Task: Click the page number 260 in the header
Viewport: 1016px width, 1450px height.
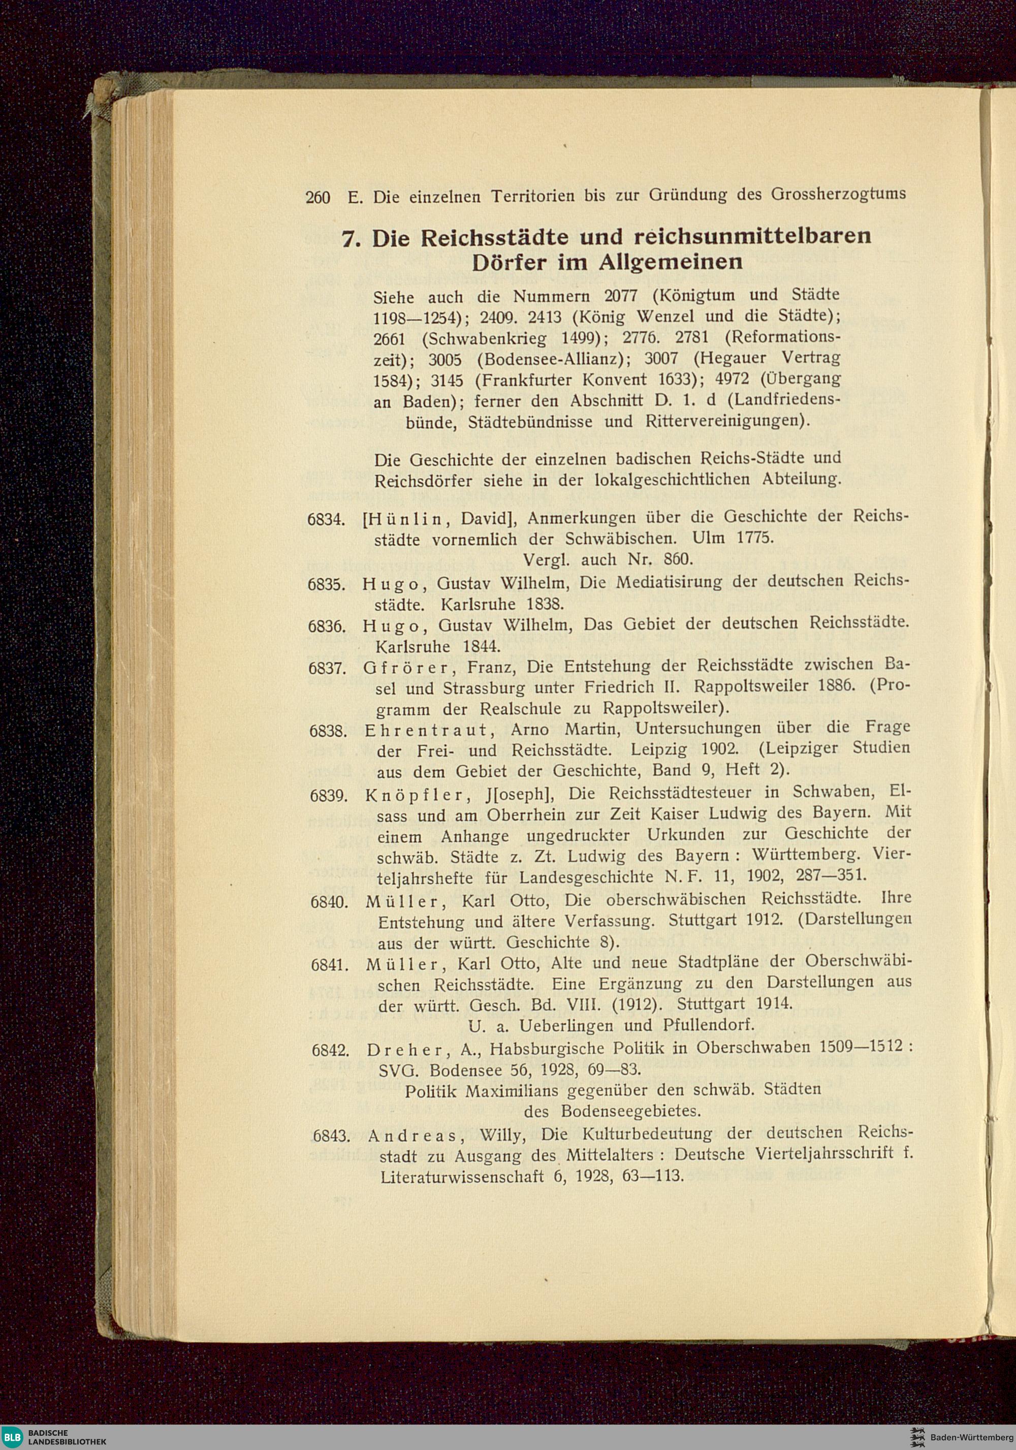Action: pyautogui.click(x=317, y=198)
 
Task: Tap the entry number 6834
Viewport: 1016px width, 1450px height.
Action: pyautogui.click(x=325, y=520)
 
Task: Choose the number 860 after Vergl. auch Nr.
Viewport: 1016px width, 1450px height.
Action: pyautogui.click(x=679, y=559)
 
